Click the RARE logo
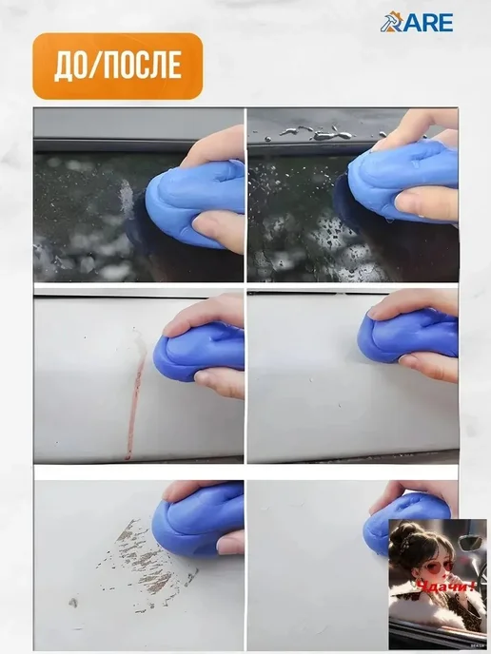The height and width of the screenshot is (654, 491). pyautogui.click(x=416, y=22)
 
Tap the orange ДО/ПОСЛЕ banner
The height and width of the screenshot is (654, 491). pyautogui.click(x=118, y=66)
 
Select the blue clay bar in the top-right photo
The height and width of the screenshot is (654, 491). pyautogui.click(x=402, y=181)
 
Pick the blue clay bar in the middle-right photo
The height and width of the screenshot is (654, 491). pyautogui.click(x=407, y=335)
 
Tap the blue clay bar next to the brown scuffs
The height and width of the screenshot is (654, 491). pyautogui.click(x=197, y=520)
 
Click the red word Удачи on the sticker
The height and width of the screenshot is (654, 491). pyautogui.click(x=445, y=587)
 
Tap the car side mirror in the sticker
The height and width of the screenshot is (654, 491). pyautogui.click(x=471, y=543)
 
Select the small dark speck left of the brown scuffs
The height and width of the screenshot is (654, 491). pyautogui.click(x=73, y=603)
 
